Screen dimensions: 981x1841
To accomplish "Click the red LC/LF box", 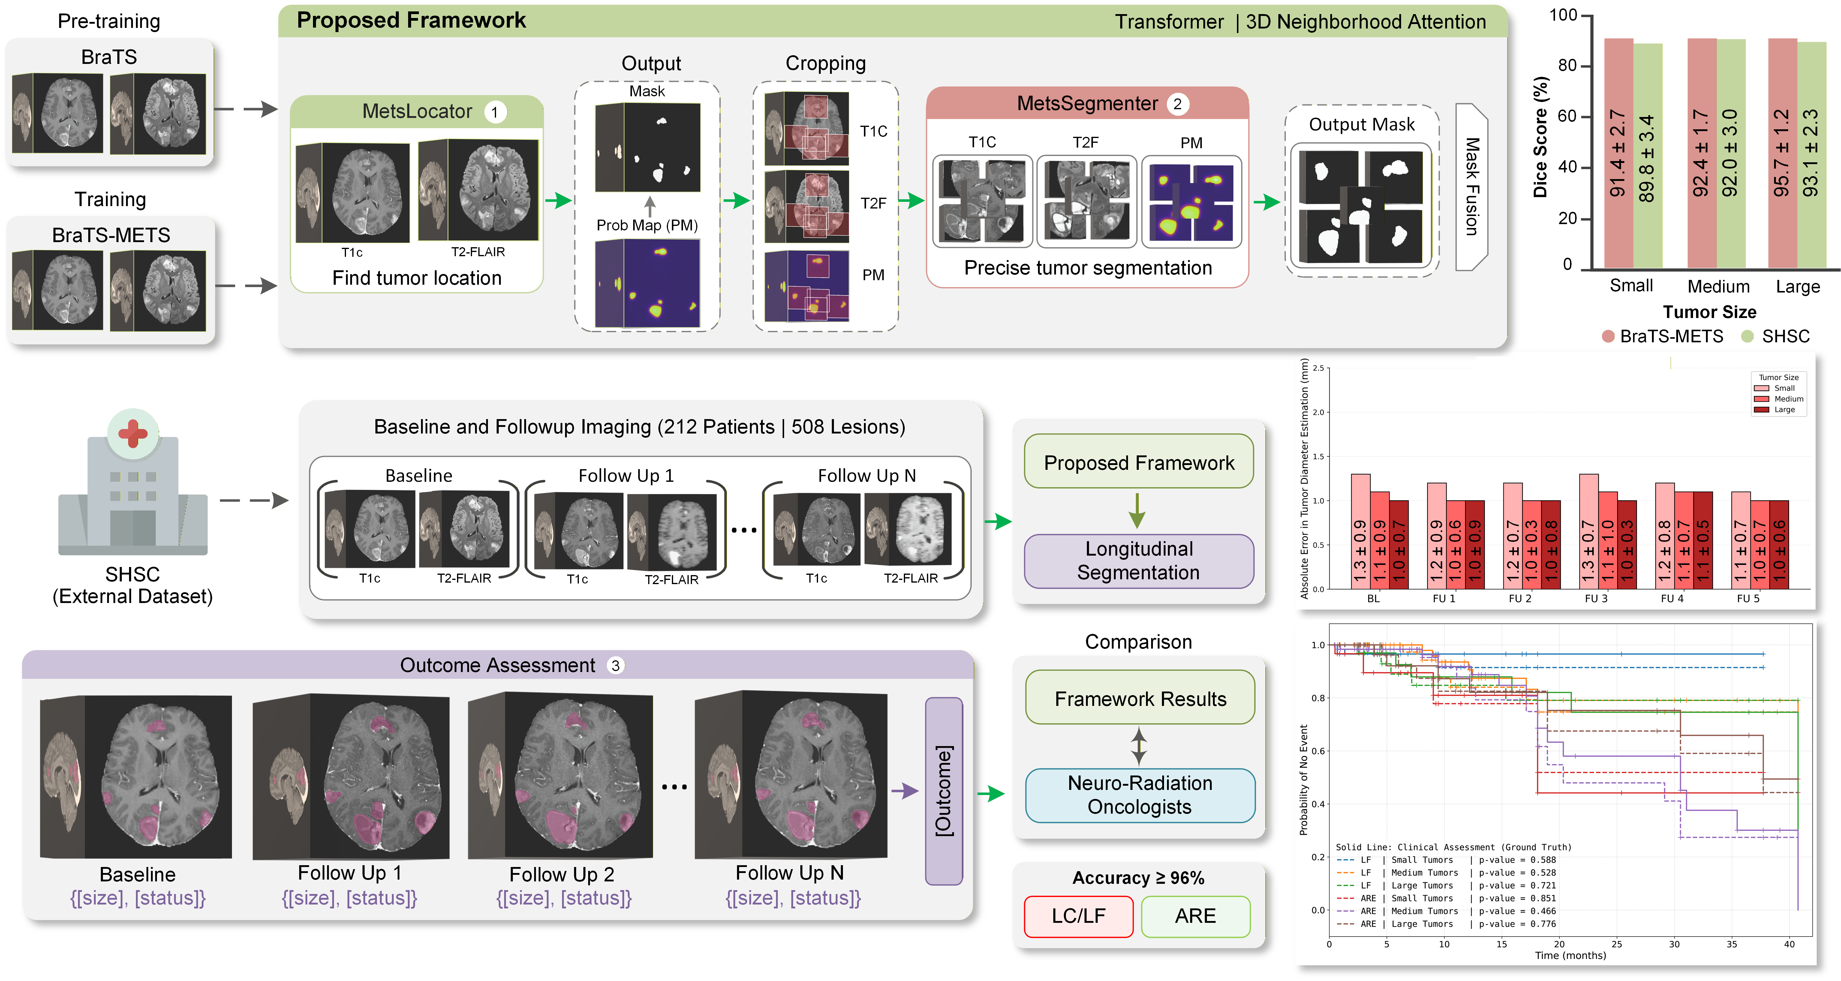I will (1078, 916).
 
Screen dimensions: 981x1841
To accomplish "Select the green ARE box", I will (1195, 916).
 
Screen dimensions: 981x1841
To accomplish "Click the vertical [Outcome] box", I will (943, 791).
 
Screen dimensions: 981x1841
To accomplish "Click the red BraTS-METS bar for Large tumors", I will (1782, 154).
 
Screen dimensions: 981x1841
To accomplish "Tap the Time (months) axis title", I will (1570, 955).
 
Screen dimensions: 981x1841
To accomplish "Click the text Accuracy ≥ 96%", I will (1138, 878).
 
